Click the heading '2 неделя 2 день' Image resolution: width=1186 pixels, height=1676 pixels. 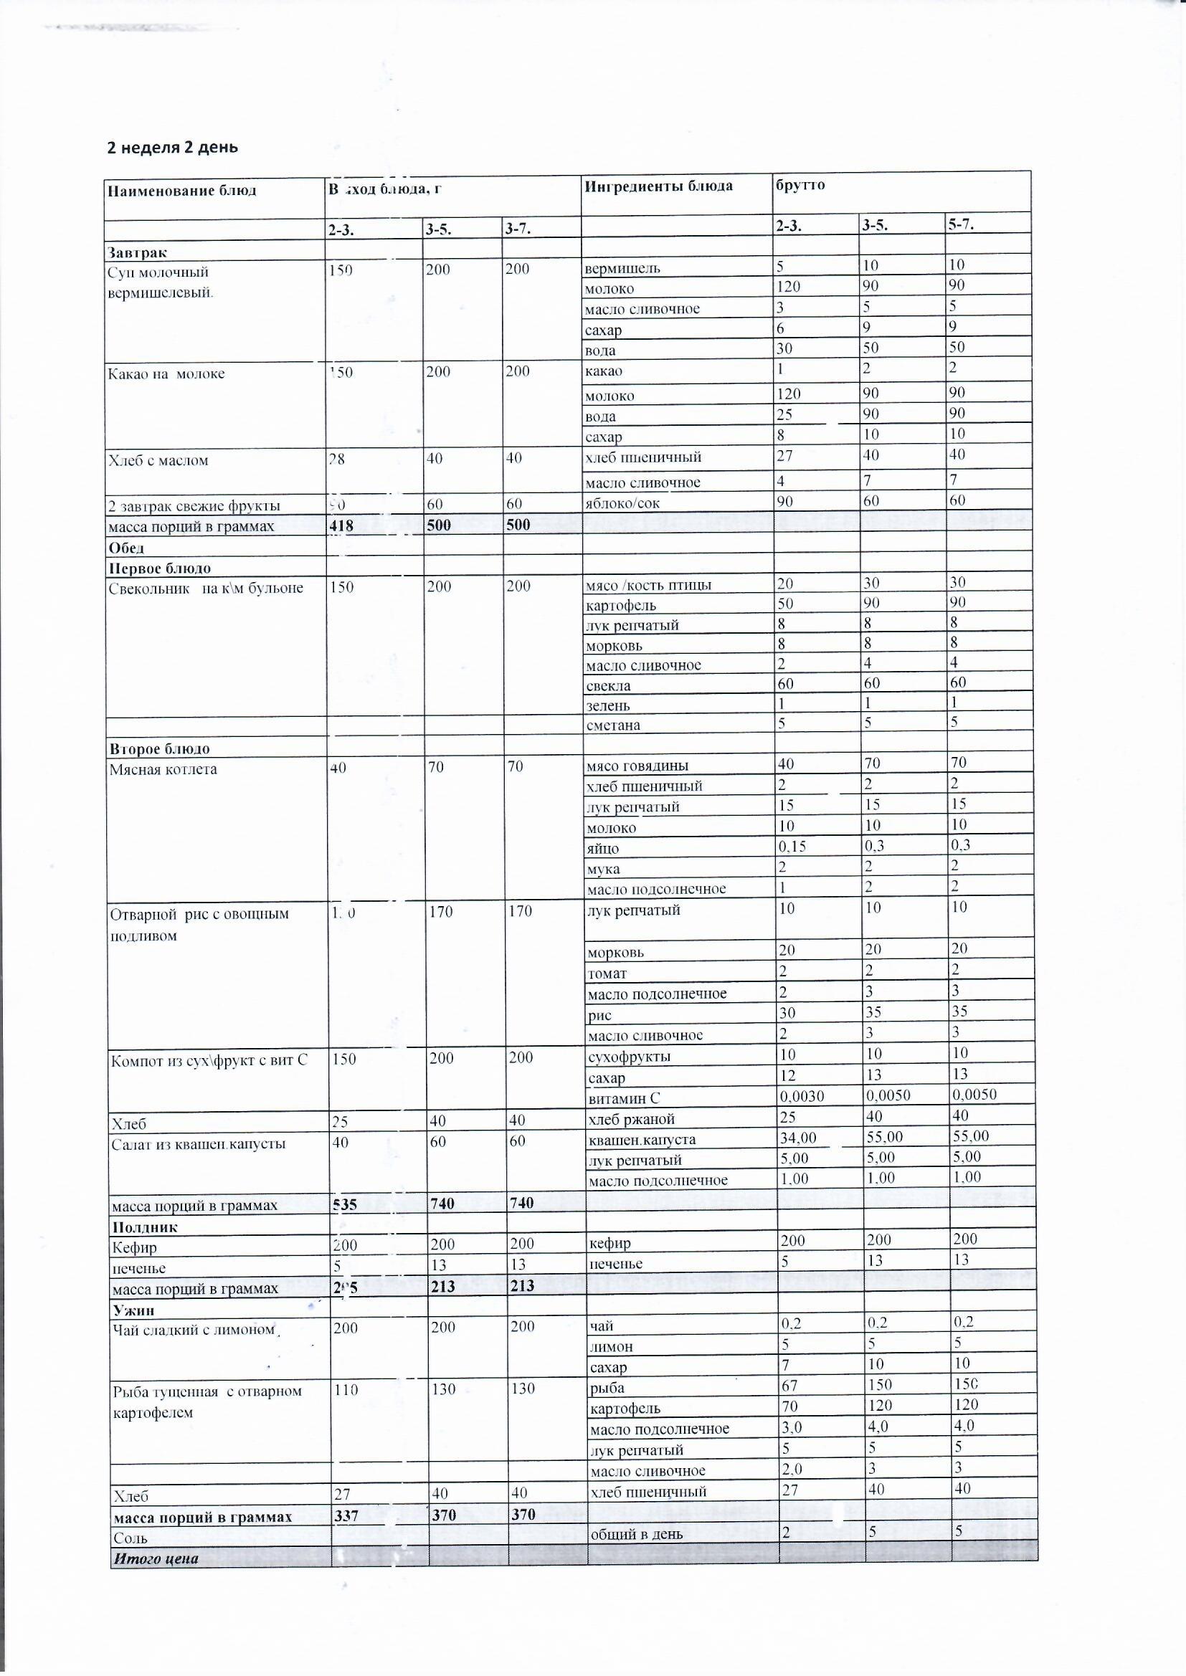click(172, 148)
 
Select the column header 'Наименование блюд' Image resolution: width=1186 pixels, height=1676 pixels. click(182, 191)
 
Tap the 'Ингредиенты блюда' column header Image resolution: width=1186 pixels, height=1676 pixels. click(658, 186)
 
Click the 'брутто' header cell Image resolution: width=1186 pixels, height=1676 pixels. click(800, 185)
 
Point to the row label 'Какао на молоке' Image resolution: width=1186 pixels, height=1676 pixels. click(166, 373)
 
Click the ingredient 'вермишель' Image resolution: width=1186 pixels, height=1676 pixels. click(622, 268)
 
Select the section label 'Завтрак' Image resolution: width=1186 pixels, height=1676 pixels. click(137, 252)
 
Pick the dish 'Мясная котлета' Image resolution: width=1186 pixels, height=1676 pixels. click(163, 769)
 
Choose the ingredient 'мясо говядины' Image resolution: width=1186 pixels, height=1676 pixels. click(637, 766)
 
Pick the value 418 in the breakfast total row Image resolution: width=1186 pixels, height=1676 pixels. click(342, 525)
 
